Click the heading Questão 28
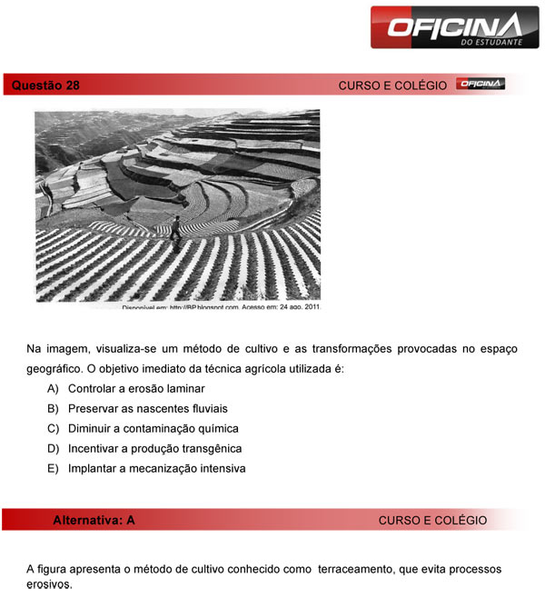pos(46,85)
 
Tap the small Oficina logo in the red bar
pos(481,85)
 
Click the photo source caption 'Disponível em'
pos(144,307)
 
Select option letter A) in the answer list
pos(54,388)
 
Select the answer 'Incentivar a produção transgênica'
pos(154,448)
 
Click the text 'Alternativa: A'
pos(94,521)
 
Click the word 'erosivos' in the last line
pos(49,584)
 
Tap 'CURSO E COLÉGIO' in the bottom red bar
pos(432,521)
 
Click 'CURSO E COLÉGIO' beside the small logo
pos(392,85)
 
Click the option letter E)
pos(54,469)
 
